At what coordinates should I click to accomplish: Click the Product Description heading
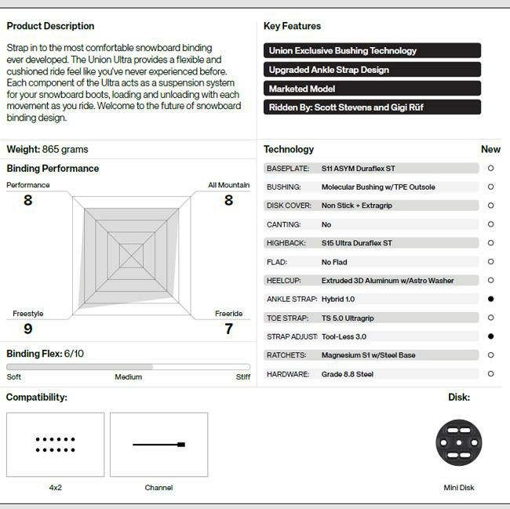(50, 26)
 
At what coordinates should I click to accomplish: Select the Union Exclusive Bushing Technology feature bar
(372, 51)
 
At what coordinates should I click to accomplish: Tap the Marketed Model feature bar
(372, 89)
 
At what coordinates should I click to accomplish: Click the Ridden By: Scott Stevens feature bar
(372, 107)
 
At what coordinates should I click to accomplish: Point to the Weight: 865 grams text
(47, 149)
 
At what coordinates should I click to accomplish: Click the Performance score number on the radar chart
(28, 200)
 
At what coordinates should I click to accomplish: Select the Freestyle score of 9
(28, 329)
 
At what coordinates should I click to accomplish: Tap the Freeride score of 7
(229, 329)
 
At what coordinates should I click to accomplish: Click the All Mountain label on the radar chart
(229, 185)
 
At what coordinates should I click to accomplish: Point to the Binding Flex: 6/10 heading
(46, 354)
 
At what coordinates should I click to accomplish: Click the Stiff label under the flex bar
(243, 377)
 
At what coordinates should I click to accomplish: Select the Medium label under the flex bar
(129, 377)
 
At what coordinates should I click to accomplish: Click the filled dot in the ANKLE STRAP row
(490, 299)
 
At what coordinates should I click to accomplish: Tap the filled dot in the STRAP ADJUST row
(490, 336)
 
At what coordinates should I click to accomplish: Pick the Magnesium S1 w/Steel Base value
(369, 355)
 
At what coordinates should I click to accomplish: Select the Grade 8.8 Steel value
(348, 374)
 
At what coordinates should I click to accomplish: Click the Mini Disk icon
(459, 442)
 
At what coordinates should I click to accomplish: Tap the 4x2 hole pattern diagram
(55, 445)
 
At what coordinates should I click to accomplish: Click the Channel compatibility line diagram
(158, 445)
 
